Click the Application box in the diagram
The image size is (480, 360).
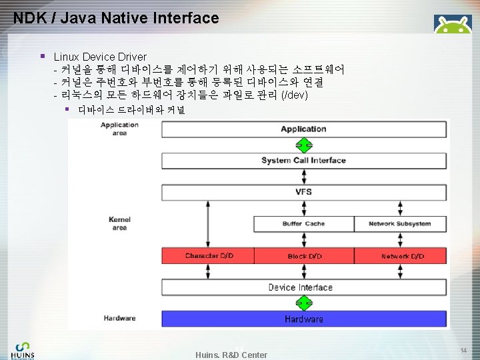point(303,129)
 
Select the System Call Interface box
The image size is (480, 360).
point(303,161)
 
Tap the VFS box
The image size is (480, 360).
point(303,192)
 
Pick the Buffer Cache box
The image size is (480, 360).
point(303,224)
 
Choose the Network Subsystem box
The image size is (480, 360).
point(400,224)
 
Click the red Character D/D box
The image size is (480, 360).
point(208,256)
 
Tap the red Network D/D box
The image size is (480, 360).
point(402,256)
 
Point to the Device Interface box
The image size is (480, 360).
point(303,287)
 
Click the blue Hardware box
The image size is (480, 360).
point(303,319)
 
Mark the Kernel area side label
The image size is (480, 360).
point(119,223)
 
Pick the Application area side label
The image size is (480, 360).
point(119,129)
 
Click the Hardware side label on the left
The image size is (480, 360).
point(119,319)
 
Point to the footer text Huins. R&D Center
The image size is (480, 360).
point(231,355)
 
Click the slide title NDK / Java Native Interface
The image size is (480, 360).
point(116,18)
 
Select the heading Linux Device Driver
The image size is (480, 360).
point(100,57)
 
